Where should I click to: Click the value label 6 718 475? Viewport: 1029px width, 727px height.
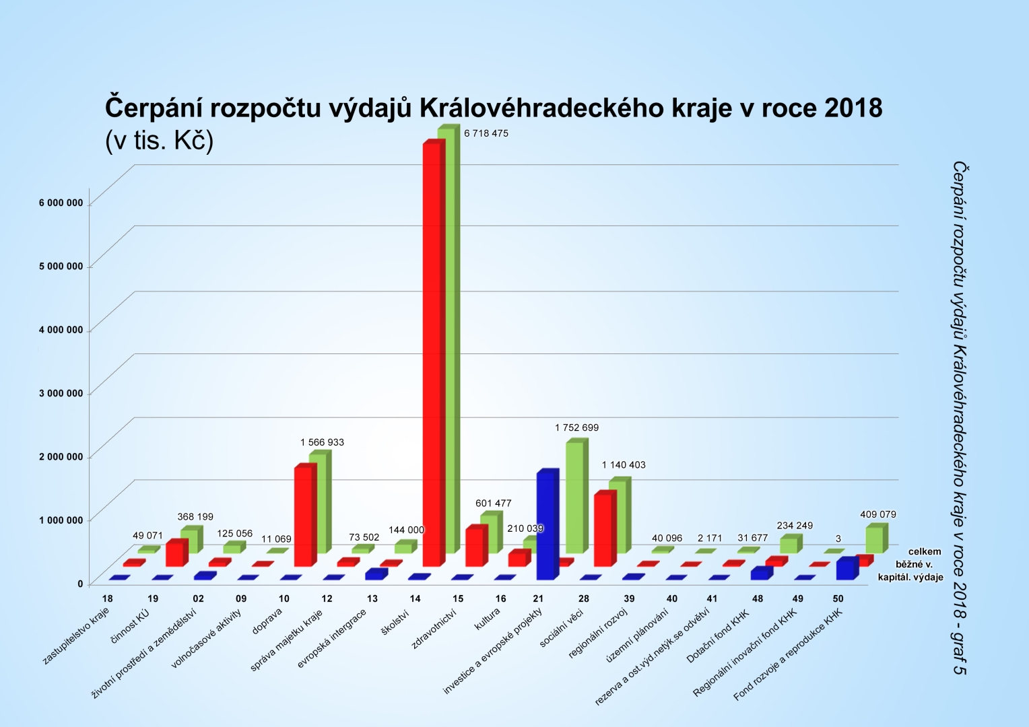click(486, 133)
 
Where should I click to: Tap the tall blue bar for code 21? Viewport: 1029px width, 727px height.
click(545, 525)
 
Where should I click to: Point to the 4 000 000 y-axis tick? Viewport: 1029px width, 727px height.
click(61, 330)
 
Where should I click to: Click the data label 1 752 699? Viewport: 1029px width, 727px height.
click(576, 427)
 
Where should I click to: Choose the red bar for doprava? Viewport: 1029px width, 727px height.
click(303, 515)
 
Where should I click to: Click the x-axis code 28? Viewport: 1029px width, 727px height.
click(583, 598)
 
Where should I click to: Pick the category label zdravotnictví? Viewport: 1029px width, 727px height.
click(434, 629)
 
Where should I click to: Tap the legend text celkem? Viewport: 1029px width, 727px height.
click(924, 551)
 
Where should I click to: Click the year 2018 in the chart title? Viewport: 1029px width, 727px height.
click(853, 108)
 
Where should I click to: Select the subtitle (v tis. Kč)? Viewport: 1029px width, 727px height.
click(159, 141)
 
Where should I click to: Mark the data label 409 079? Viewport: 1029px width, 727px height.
click(877, 514)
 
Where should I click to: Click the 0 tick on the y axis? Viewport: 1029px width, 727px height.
click(80, 584)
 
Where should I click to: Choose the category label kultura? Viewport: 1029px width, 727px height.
click(488, 619)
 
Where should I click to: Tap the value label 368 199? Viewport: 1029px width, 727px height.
click(195, 516)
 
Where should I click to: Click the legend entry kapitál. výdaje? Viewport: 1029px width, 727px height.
click(910, 577)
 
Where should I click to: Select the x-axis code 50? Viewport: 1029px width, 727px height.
click(838, 598)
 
